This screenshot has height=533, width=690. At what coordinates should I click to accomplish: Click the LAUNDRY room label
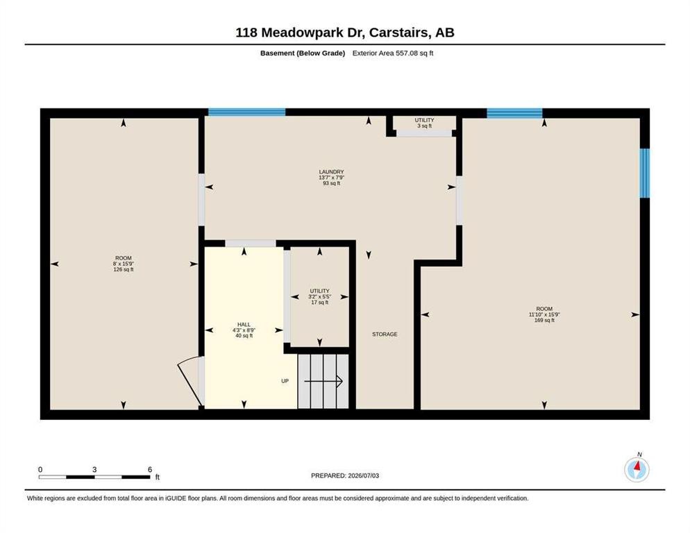click(x=331, y=178)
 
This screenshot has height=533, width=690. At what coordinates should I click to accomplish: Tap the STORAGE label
click(x=385, y=335)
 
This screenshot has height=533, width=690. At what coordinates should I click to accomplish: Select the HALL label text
click(x=244, y=330)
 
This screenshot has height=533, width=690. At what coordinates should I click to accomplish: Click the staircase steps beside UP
click(x=323, y=381)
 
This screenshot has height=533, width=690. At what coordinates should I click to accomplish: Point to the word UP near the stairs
click(x=285, y=381)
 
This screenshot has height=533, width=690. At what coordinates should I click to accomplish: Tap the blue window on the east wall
click(x=644, y=173)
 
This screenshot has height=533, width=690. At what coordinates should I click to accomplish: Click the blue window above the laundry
click(x=247, y=112)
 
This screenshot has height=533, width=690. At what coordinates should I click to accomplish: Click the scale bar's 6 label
click(x=150, y=470)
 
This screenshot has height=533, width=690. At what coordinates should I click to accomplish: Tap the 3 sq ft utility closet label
click(x=424, y=123)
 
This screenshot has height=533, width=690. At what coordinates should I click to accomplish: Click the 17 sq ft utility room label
click(x=319, y=296)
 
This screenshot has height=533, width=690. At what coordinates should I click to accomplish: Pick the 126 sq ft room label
click(x=124, y=264)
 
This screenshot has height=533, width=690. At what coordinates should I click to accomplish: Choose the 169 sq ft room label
click(x=544, y=314)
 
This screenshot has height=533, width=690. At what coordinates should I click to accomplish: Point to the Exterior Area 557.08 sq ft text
click(x=393, y=53)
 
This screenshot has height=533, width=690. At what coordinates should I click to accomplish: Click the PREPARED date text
click(x=345, y=476)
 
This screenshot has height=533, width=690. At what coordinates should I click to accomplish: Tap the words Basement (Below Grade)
click(x=303, y=53)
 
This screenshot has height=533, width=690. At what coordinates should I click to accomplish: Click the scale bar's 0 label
click(x=40, y=470)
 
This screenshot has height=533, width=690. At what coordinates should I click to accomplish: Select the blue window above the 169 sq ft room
click(x=514, y=113)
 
